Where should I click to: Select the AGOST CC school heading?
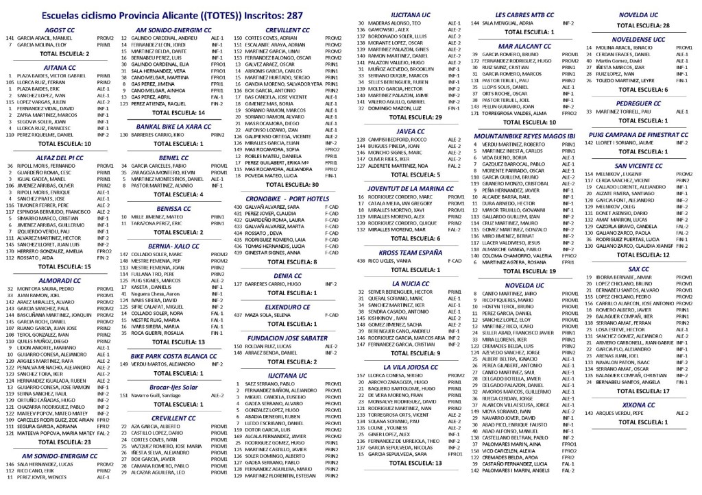click(x=60, y=30)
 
